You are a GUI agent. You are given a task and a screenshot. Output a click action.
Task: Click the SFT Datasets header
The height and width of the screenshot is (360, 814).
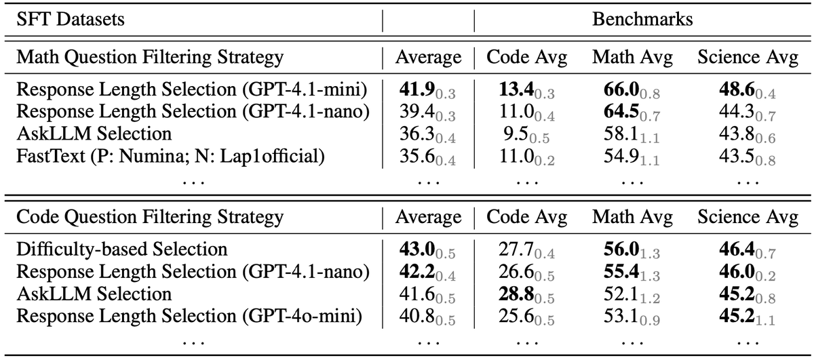coord(70,19)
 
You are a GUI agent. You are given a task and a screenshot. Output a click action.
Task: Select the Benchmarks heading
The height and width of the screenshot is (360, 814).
coord(642,19)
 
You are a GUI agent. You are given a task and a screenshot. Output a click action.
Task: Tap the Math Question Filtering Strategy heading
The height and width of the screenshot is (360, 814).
coord(150,58)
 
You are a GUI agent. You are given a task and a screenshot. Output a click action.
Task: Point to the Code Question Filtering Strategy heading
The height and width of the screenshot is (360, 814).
coord(150,218)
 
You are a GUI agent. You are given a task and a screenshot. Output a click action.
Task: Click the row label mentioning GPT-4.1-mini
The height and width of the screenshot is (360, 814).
coord(191,89)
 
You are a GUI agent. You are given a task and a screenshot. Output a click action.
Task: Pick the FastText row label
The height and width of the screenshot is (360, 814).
coord(170,157)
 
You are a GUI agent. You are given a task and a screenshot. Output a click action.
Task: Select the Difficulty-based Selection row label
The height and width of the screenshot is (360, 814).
coord(121,249)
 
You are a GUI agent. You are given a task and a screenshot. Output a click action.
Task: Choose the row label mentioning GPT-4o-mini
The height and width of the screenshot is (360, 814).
coord(189,316)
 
